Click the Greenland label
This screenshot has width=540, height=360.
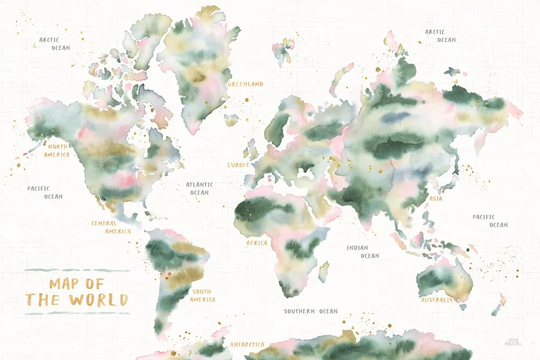pos(245,84)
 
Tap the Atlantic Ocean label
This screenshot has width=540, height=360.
pos(199,189)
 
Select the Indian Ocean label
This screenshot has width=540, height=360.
pos(363,252)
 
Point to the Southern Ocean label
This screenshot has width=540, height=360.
pos(311,312)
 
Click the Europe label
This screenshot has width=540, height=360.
pos(238,165)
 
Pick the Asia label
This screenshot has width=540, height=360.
pos(436,199)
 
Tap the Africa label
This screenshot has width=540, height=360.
pos(257,243)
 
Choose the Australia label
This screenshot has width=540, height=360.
pos(436,300)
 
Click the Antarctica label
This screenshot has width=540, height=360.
pos(247,345)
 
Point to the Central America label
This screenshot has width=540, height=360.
pos(111,227)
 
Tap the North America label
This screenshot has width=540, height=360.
pos(56,150)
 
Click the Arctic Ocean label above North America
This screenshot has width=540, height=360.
pos(54,44)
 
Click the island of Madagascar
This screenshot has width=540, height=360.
pos(324,271)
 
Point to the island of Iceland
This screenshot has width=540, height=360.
pos(231,120)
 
